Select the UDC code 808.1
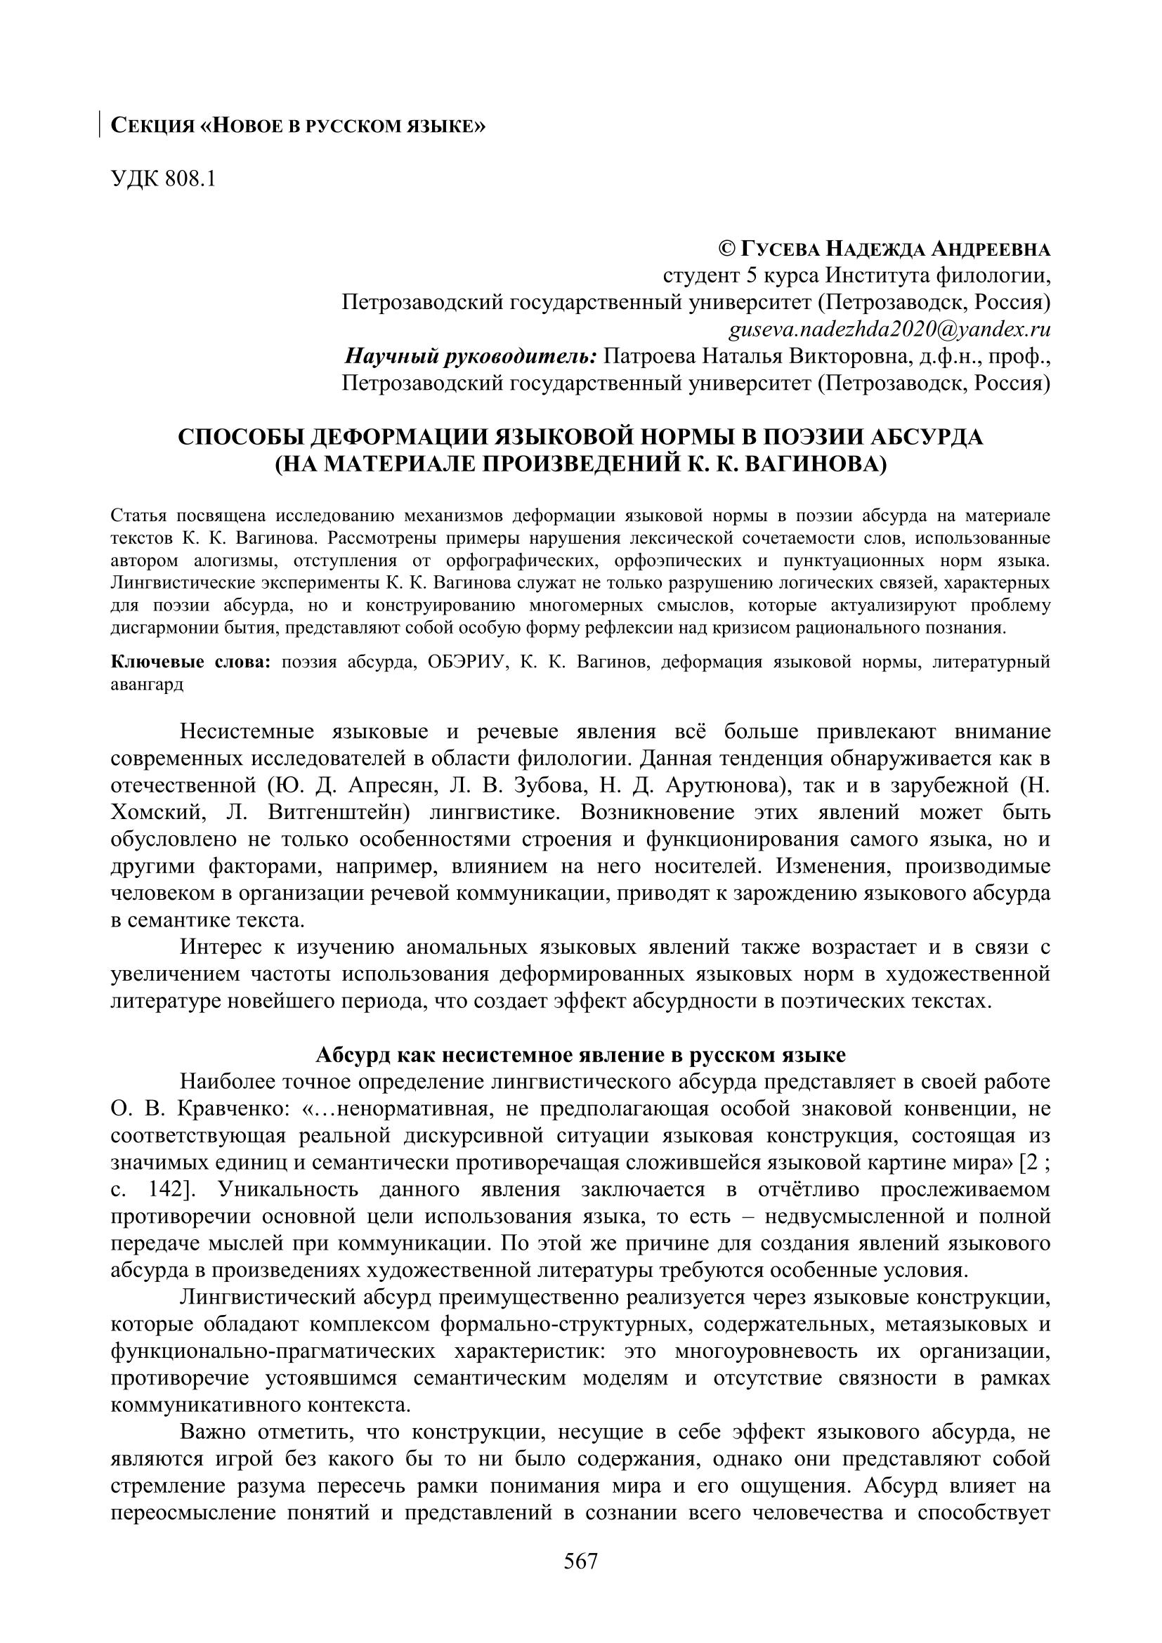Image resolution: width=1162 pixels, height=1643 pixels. coord(190,179)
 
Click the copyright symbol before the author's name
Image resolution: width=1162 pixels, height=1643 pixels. coord(726,249)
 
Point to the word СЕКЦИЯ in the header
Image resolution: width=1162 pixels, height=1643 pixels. coord(152,126)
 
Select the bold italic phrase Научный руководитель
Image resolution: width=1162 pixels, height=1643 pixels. coord(471,356)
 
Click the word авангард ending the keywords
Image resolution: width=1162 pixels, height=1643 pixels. coord(147,684)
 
